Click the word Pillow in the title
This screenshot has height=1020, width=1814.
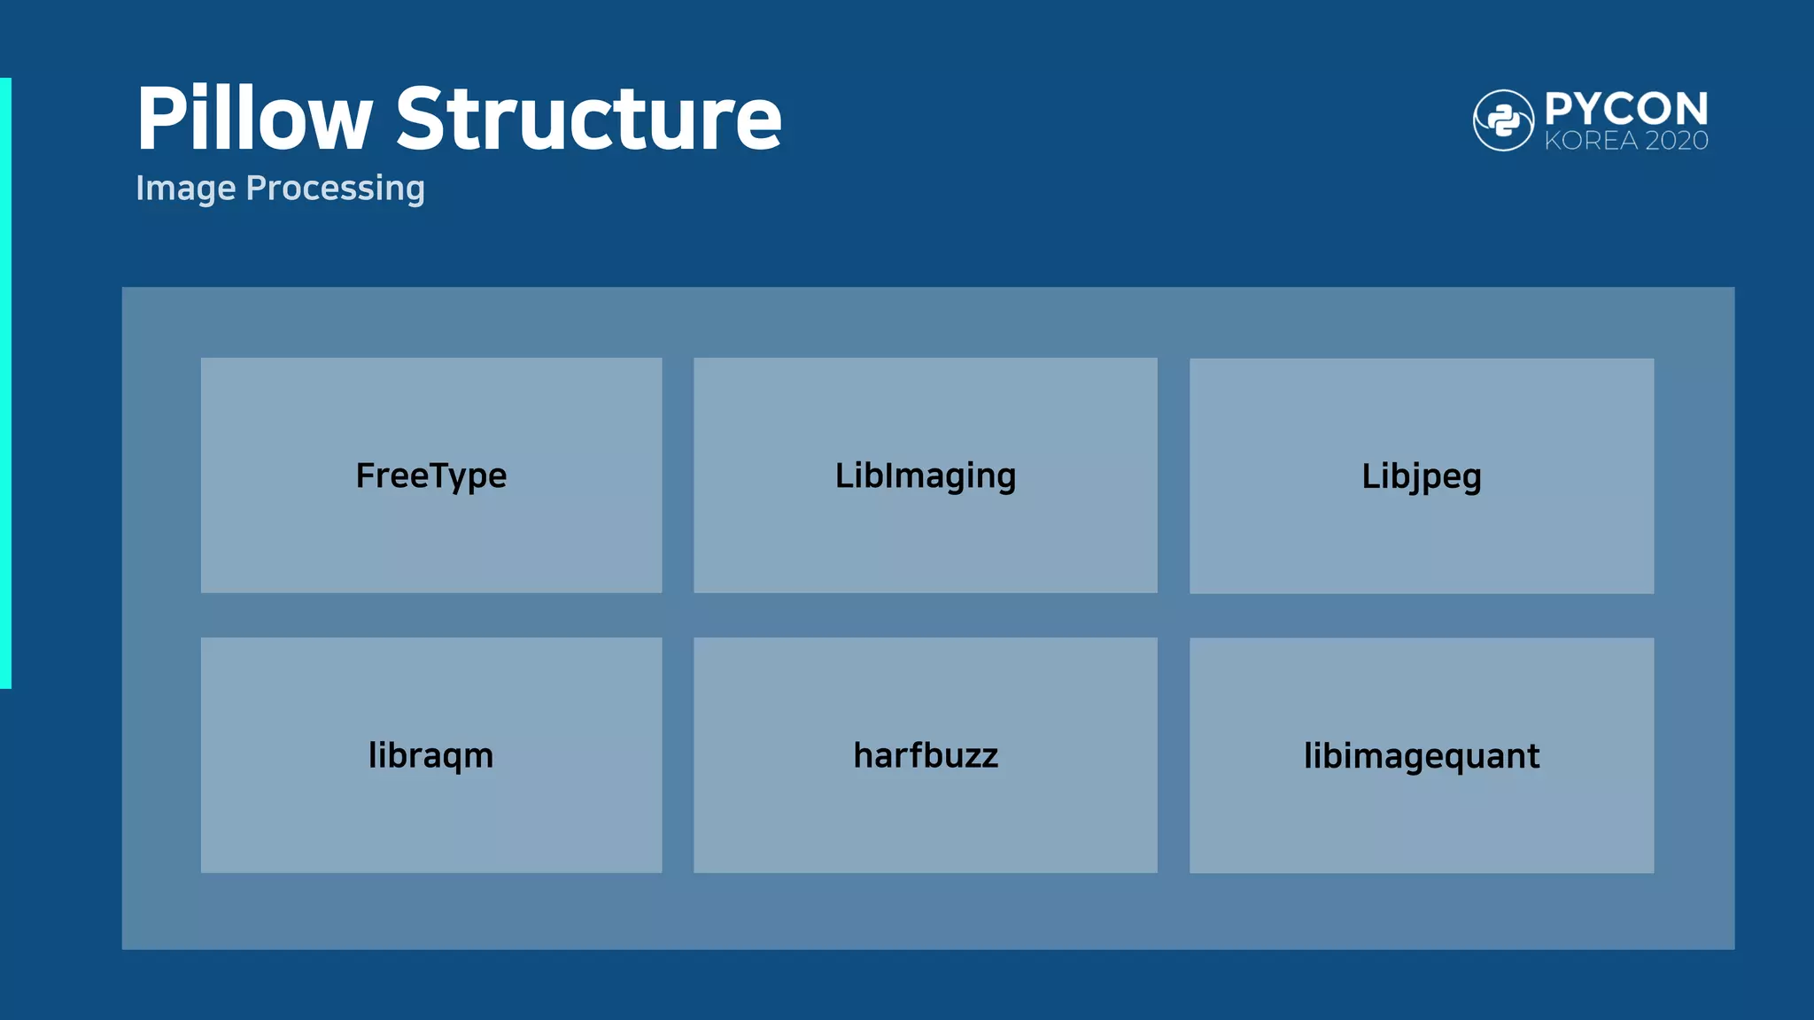tap(254, 119)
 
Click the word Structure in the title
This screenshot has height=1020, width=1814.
tap(588, 119)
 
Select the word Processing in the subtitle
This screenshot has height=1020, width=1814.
tap(335, 189)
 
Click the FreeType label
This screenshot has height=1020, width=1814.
tap(431, 476)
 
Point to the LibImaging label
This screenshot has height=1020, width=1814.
tap(926, 476)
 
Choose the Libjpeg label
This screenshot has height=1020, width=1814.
tap(1421, 476)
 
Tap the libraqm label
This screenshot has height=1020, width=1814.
tap(431, 756)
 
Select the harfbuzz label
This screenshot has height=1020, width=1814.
tap(926, 756)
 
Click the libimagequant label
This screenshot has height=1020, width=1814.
tap(1421, 756)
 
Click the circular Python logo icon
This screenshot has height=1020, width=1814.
tap(1503, 120)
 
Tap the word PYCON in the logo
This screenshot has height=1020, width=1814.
tap(1626, 109)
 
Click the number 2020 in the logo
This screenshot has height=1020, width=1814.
tap(1676, 141)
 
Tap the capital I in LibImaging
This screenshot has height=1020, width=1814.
tap(891, 475)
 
